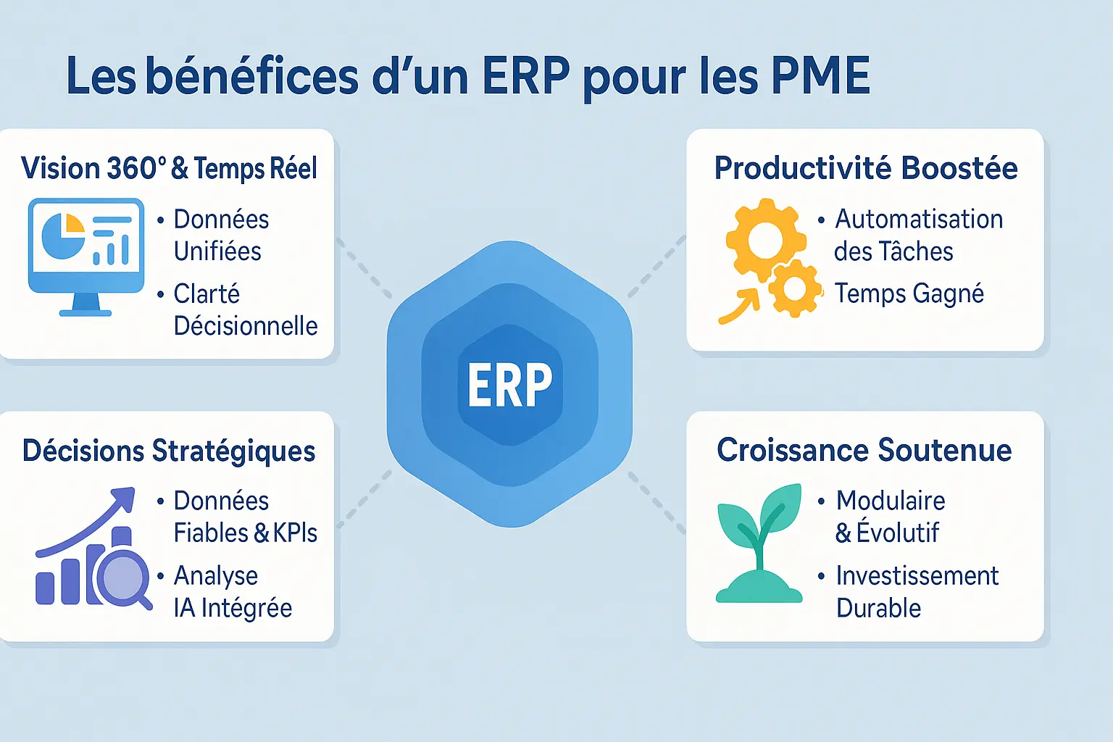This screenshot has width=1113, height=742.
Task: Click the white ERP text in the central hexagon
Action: pos(510,384)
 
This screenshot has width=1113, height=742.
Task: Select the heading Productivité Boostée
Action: pos(866,168)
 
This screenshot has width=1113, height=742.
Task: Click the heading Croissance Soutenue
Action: pos(864,450)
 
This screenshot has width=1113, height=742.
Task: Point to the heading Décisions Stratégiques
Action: pos(169,451)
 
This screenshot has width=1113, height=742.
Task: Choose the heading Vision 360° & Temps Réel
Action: pos(169,168)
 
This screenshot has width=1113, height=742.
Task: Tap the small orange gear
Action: pos(795,288)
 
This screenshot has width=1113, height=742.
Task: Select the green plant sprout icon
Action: pos(759,543)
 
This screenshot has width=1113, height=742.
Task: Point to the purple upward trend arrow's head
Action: pos(125,498)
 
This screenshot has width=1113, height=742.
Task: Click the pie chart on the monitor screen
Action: pos(63,236)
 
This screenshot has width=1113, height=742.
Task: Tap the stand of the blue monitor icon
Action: pos(86,304)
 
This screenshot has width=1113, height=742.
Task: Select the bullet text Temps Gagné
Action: pos(909,294)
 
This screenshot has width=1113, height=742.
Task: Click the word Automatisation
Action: pos(919,220)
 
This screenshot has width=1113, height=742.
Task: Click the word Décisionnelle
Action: pos(246,326)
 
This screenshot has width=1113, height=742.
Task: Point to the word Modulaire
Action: pos(891,501)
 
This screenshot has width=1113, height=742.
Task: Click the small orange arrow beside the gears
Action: pos(739,306)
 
